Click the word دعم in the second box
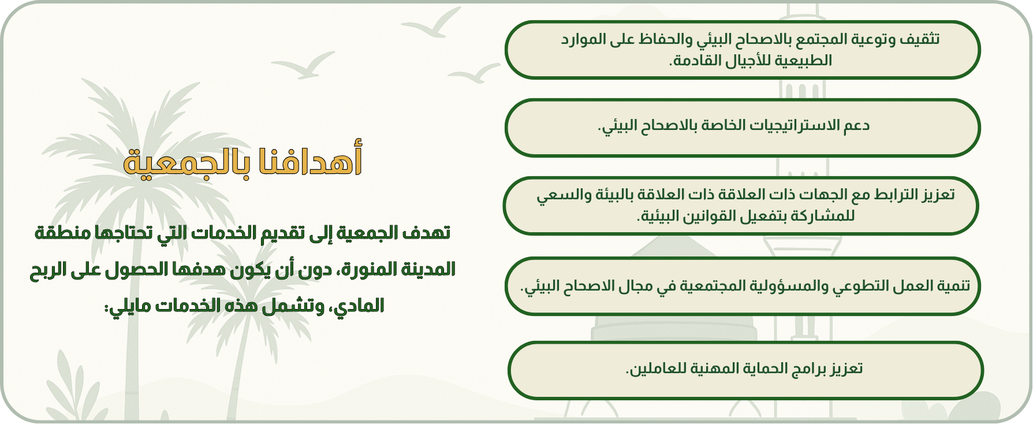click(x=856, y=125)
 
